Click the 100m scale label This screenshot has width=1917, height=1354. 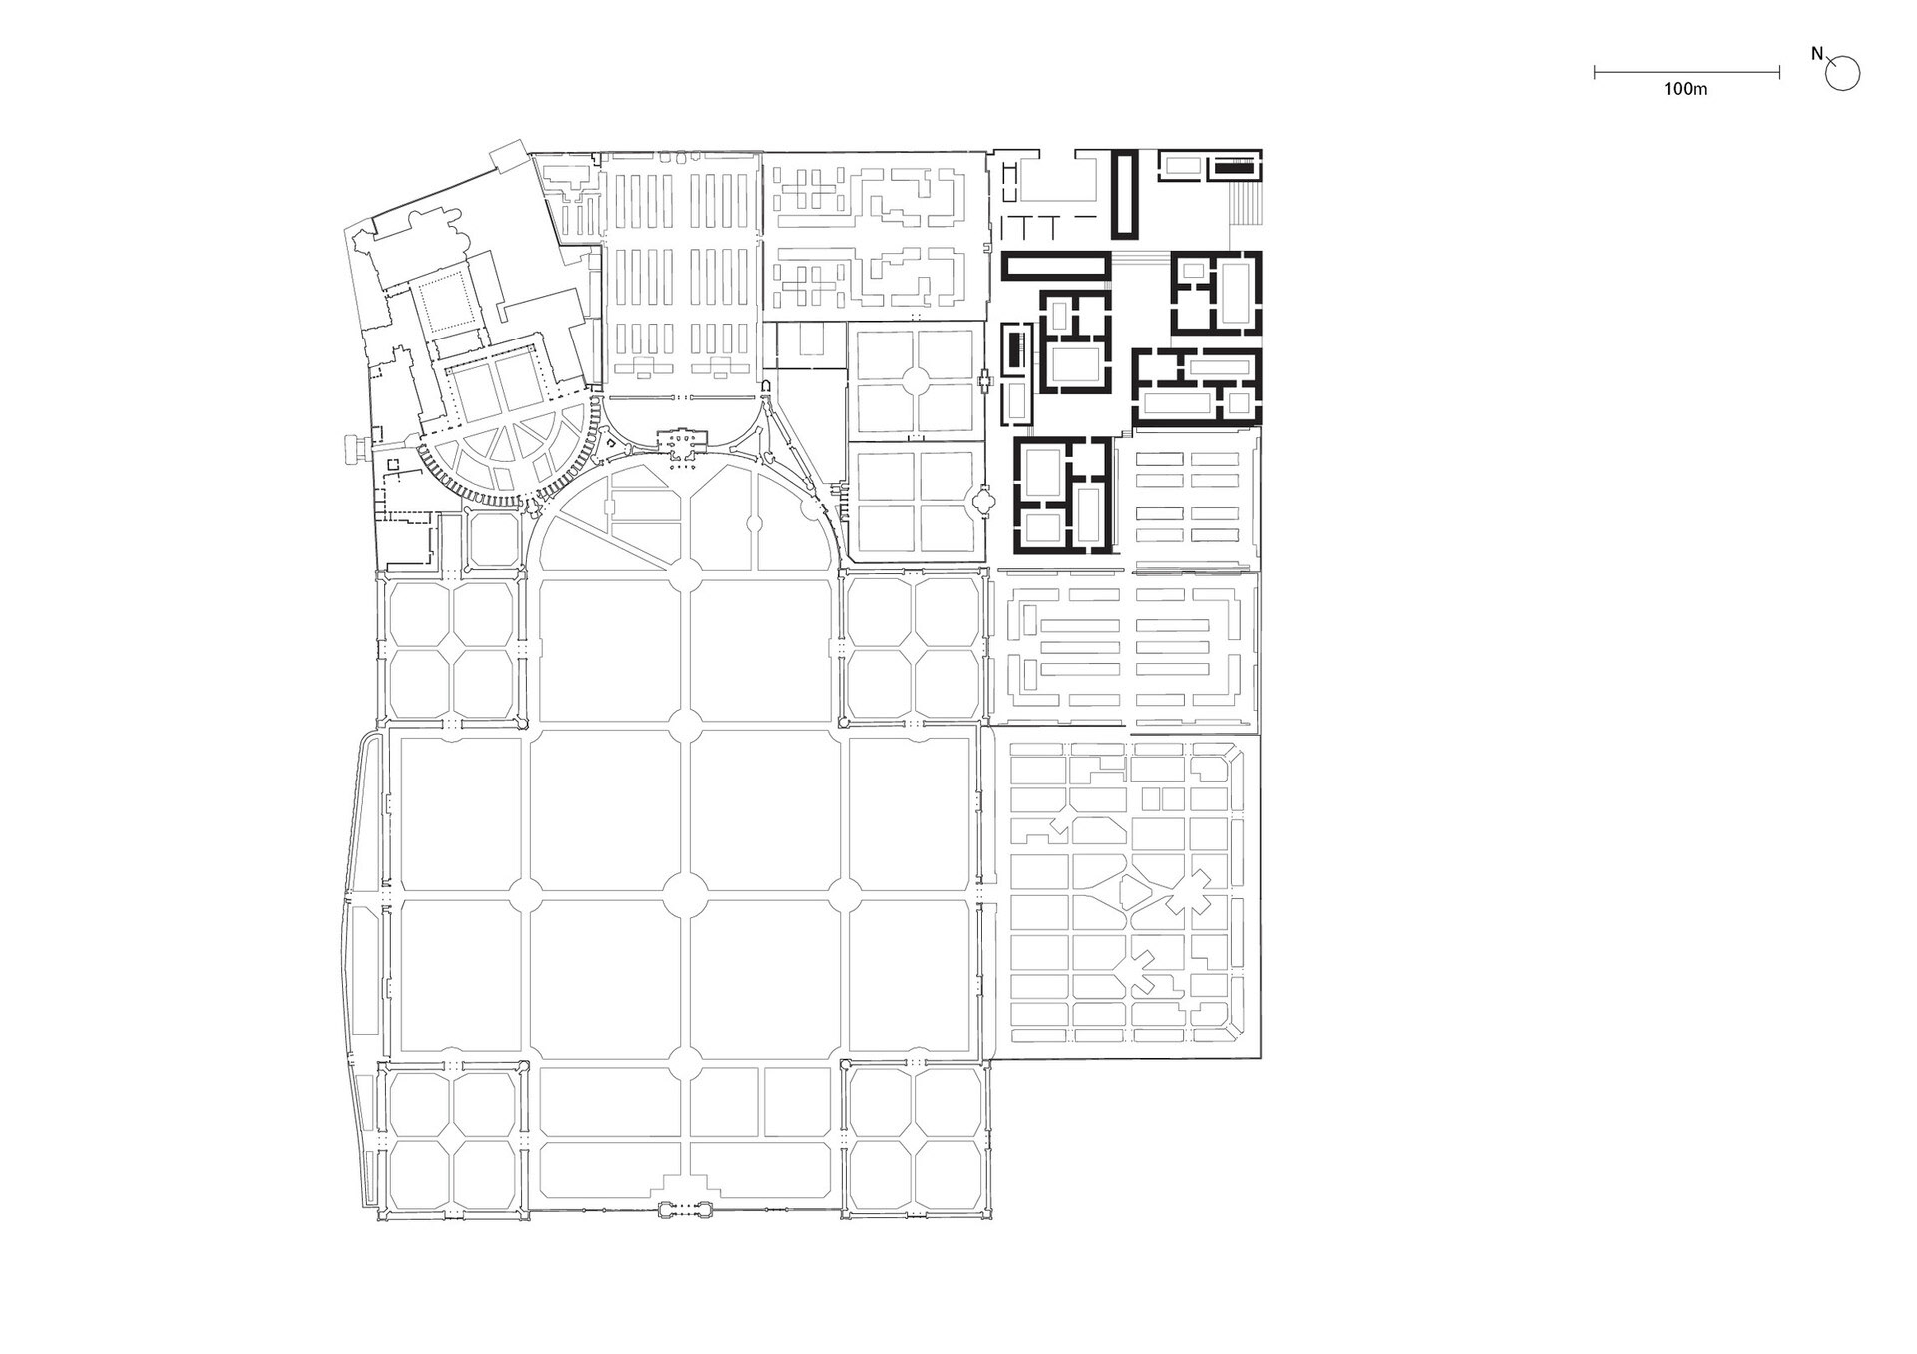(1685, 89)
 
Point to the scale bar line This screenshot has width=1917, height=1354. (1686, 72)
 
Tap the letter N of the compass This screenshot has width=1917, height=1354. (1817, 55)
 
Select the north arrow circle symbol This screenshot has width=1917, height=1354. (1843, 74)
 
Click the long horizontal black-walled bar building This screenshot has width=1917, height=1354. (1055, 266)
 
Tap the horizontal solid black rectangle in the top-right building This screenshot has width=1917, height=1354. (1235, 168)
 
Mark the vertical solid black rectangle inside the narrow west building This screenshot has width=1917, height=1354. (1016, 350)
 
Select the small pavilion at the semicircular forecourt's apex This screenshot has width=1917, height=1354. (683, 445)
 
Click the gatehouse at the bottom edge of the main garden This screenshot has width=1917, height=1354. (684, 1211)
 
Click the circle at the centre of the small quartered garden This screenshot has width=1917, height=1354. (913, 379)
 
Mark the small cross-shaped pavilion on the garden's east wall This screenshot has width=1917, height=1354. (985, 379)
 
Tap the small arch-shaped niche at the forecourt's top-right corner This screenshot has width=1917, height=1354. (765, 385)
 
